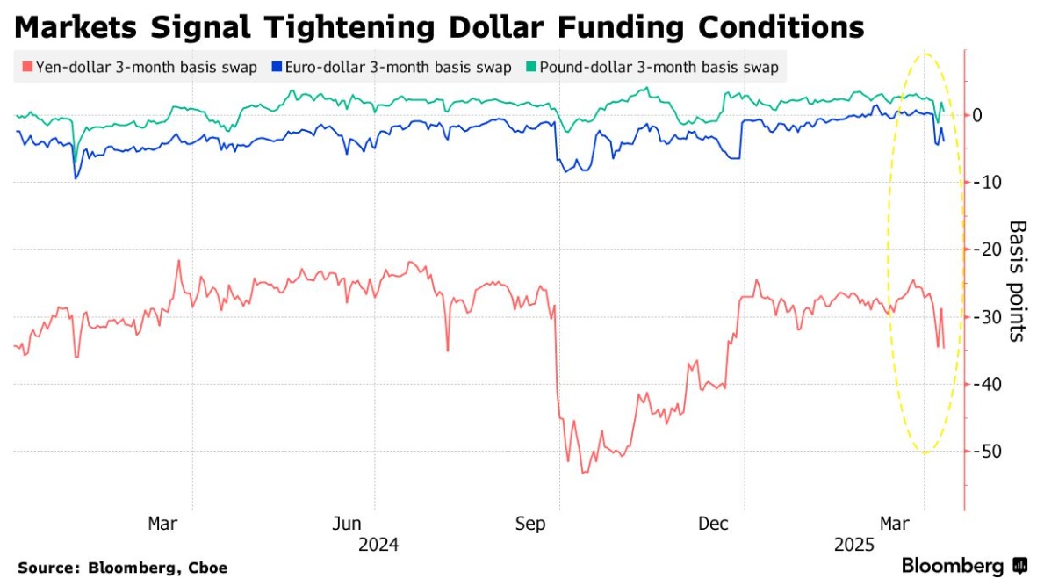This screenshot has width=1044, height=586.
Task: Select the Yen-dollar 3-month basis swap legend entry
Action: click(145, 68)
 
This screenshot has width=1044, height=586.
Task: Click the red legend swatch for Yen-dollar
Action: click(26, 68)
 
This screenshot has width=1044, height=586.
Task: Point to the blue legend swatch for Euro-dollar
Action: click(277, 68)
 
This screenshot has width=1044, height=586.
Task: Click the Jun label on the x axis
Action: click(349, 525)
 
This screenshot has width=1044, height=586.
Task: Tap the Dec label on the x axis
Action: click(715, 525)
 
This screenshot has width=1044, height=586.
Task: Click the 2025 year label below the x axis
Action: click(854, 545)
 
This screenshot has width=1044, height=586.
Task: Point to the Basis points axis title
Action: click(1017, 281)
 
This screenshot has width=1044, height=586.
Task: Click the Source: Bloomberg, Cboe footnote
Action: click(122, 568)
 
